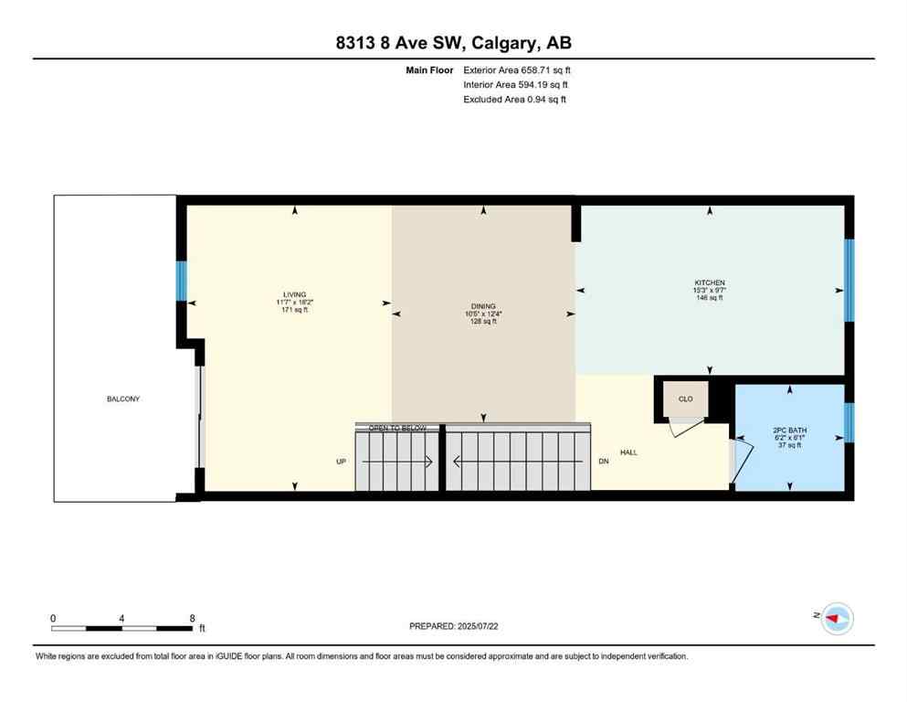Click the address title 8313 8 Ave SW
point(453,42)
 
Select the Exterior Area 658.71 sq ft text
point(517,69)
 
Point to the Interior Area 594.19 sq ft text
point(515,84)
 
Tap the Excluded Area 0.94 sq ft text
point(514,99)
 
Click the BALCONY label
point(115,399)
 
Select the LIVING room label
point(294,294)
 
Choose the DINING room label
point(483,306)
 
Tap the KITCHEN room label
point(709,282)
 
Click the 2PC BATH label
point(790,430)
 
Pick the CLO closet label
point(685,399)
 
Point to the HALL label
point(628,452)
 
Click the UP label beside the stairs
point(341,462)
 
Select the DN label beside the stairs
point(603,462)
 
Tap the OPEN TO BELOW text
point(397,427)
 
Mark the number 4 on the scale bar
point(121,618)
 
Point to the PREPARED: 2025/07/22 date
point(453,626)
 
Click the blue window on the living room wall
point(181,282)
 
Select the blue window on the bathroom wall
point(849,422)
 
